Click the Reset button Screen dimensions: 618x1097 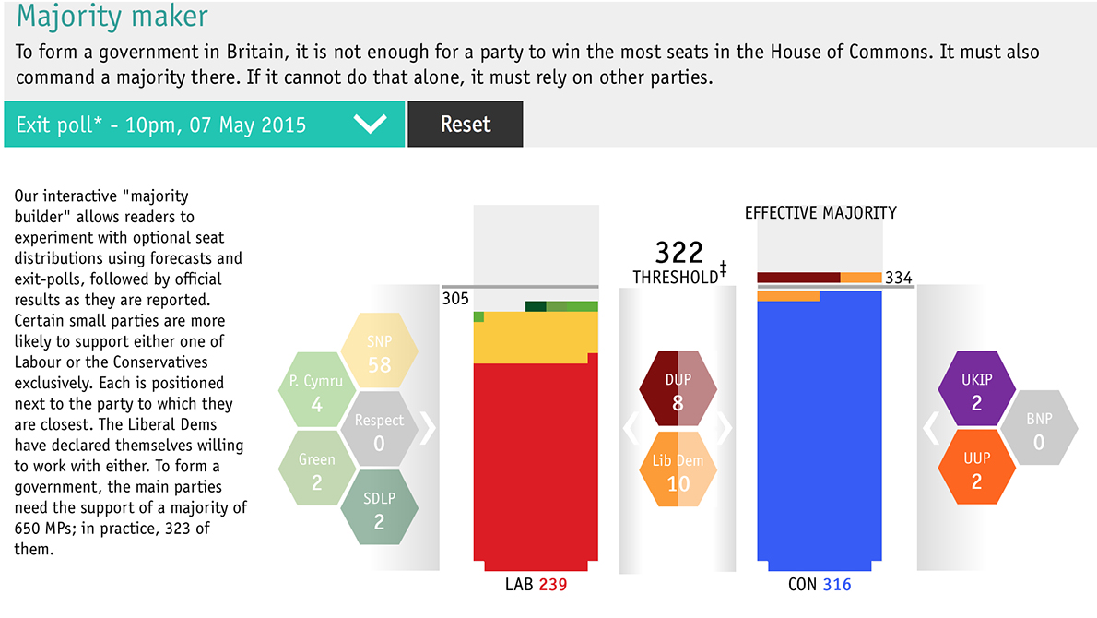point(465,125)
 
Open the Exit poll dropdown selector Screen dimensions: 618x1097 point(204,125)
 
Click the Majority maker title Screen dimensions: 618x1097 point(112,17)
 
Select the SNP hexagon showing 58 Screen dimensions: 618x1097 point(379,351)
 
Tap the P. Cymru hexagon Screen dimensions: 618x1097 point(316,391)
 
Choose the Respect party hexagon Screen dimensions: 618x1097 point(379,431)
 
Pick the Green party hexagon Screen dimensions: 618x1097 point(316,469)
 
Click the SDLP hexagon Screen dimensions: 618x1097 point(379,509)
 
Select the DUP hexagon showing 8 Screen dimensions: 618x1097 point(678,390)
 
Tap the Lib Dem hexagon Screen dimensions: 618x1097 point(678,470)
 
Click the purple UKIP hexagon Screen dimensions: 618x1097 point(976,390)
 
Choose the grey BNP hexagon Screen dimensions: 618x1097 point(1038,430)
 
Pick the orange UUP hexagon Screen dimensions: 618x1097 point(976,469)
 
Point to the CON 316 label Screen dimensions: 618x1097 point(820,585)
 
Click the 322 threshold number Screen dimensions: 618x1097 point(678,252)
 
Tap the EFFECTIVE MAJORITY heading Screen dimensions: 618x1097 point(820,213)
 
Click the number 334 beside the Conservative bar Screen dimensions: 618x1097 point(898,278)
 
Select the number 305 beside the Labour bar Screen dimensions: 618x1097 point(455,299)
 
